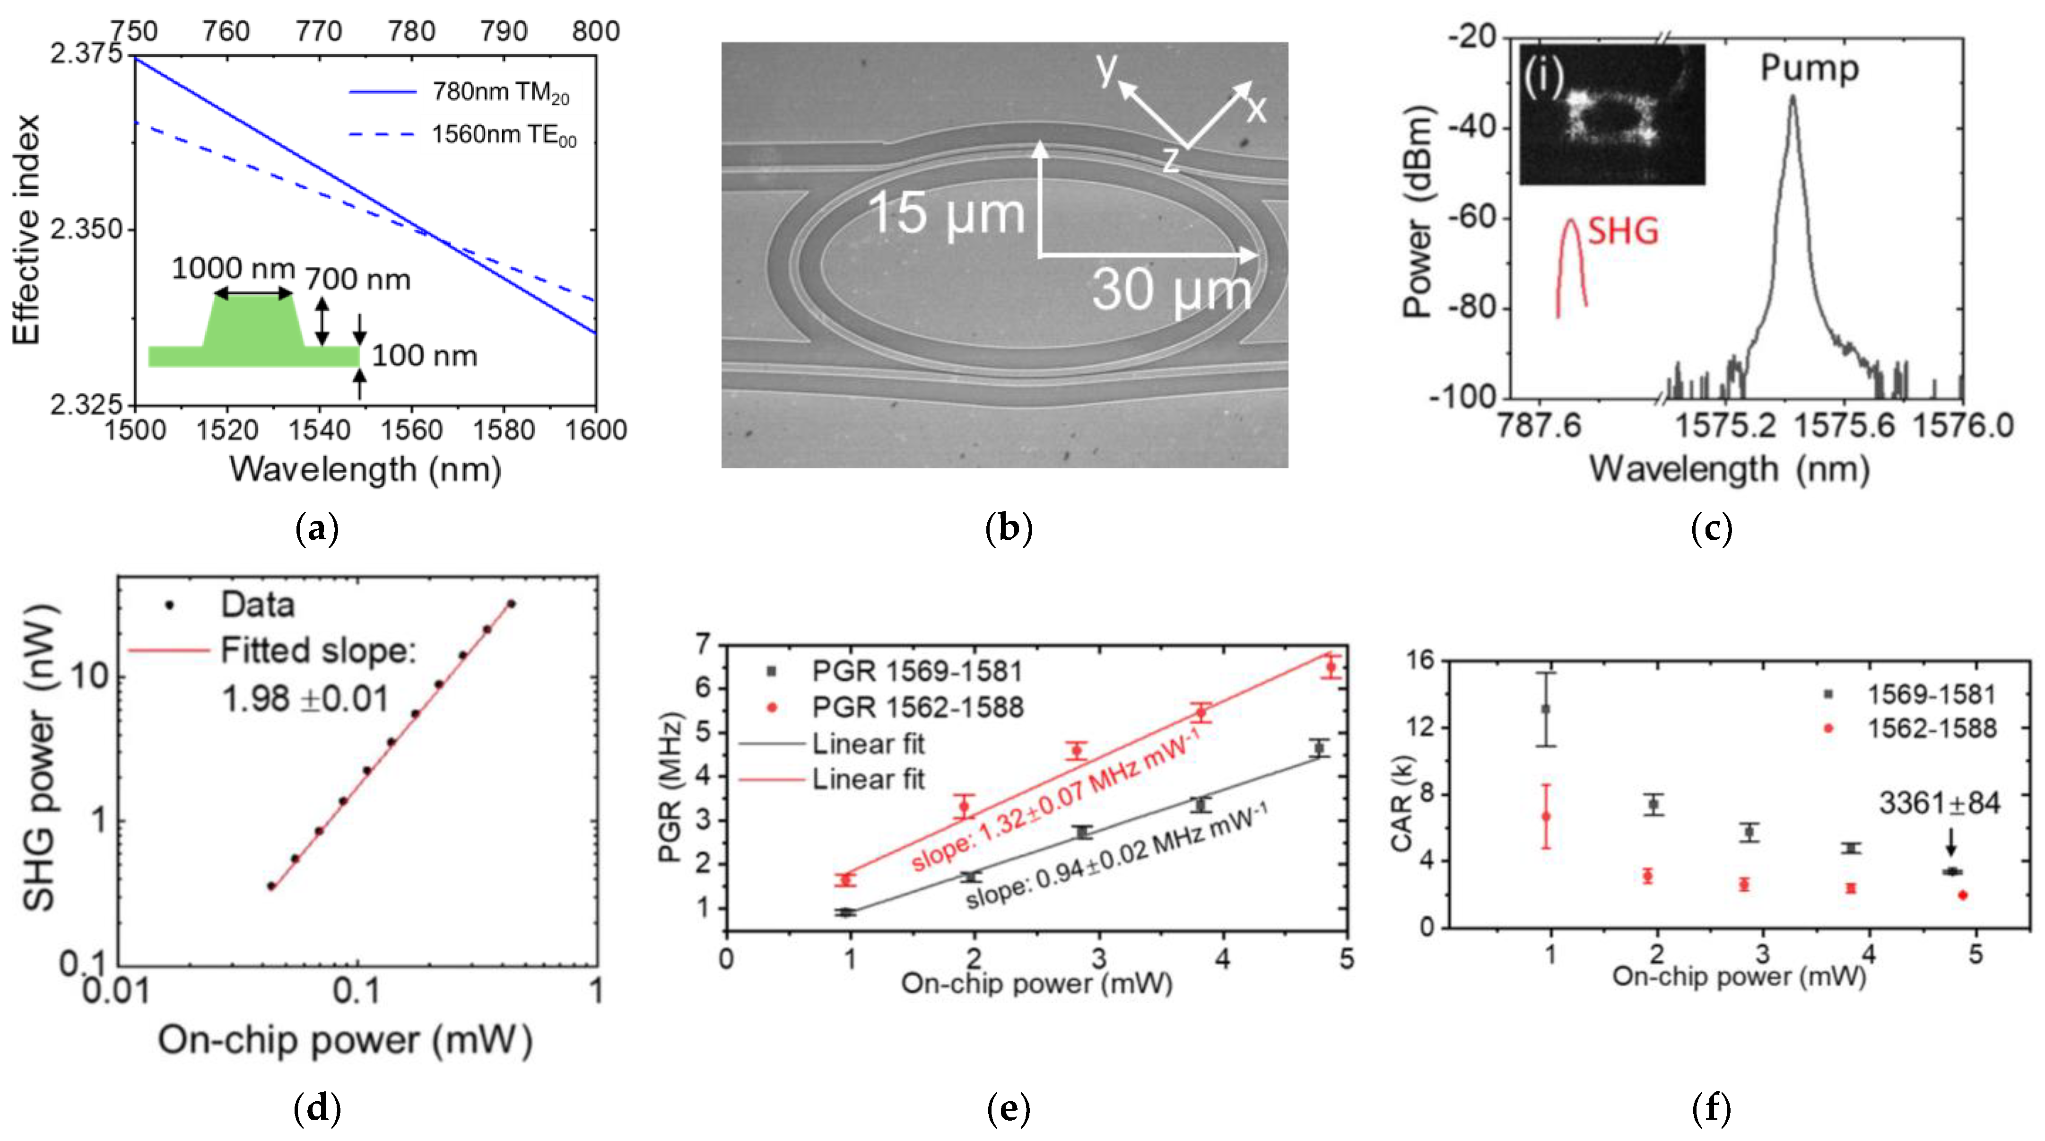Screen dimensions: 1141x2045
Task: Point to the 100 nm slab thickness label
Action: [x=424, y=356]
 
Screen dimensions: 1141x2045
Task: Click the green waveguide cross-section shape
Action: [x=254, y=334]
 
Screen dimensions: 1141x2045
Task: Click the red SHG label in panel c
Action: [x=1623, y=232]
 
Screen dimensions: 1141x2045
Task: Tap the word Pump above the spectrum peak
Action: [x=1809, y=68]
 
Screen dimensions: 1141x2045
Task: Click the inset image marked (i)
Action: [x=1611, y=115]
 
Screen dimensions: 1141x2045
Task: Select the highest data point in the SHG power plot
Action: [x=511, y=604]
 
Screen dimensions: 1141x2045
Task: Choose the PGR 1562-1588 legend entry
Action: [x=917, y=707]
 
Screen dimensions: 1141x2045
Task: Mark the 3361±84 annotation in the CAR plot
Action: [x=1939, y=804]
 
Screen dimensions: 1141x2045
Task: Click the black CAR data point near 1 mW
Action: [x=1545, y=709]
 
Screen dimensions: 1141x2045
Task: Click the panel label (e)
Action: [x=1008, y=1108]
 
